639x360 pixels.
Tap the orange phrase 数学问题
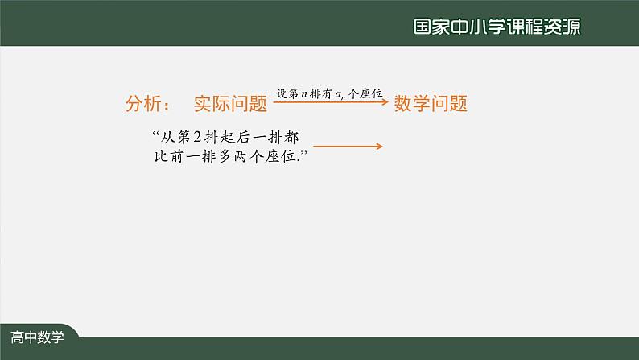click(431, 103)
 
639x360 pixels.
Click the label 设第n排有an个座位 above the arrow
click(328, 93)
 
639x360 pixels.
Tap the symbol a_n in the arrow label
click(340, 93)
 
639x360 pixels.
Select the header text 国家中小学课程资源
click(496, 26)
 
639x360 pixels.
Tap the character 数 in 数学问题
click(404, 103)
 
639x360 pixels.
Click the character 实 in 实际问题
click(202, 103)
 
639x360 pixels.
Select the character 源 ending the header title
click(570, 26)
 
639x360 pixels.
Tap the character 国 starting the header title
click(422, 26)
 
